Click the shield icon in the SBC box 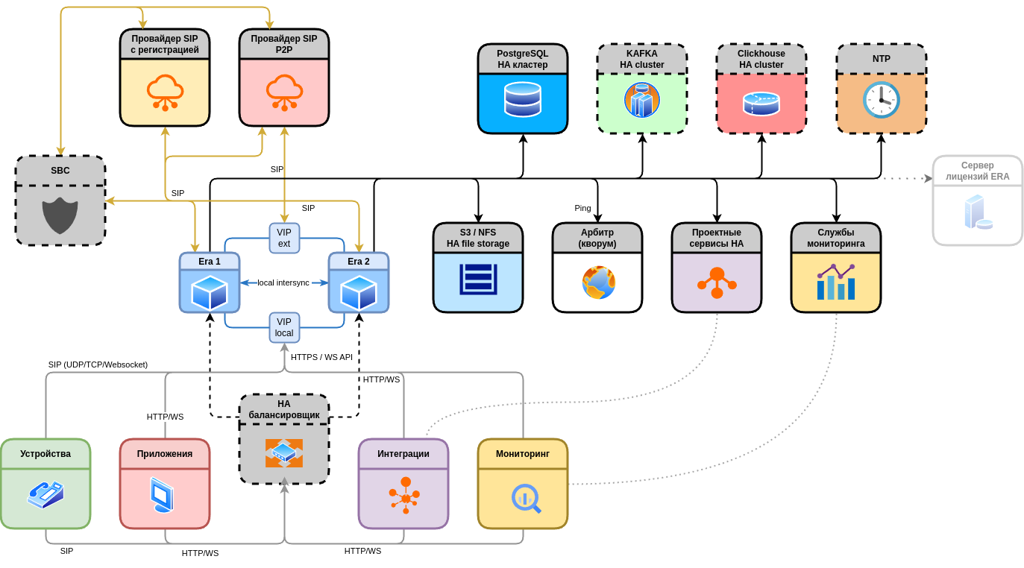coord(60,215)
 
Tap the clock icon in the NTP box coord(881,100)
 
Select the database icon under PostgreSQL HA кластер coord(523,99)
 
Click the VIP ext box coord(284,238)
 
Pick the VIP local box coord(284,327)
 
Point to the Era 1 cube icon coord(210,292)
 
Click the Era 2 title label coord(359,262)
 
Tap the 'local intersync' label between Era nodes coord(283,283)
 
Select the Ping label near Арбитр coord(582,208)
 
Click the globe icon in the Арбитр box coord(598,283)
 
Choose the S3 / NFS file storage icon coord(478,279)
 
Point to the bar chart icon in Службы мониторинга coord(836,282)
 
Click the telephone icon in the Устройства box coord(45,494)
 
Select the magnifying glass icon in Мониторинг coord(525,498)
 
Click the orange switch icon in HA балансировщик coord(284,452)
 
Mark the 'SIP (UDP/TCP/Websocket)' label coord(98,365)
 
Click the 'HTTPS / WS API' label coord(321,357)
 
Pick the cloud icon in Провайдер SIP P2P coord(284,92)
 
